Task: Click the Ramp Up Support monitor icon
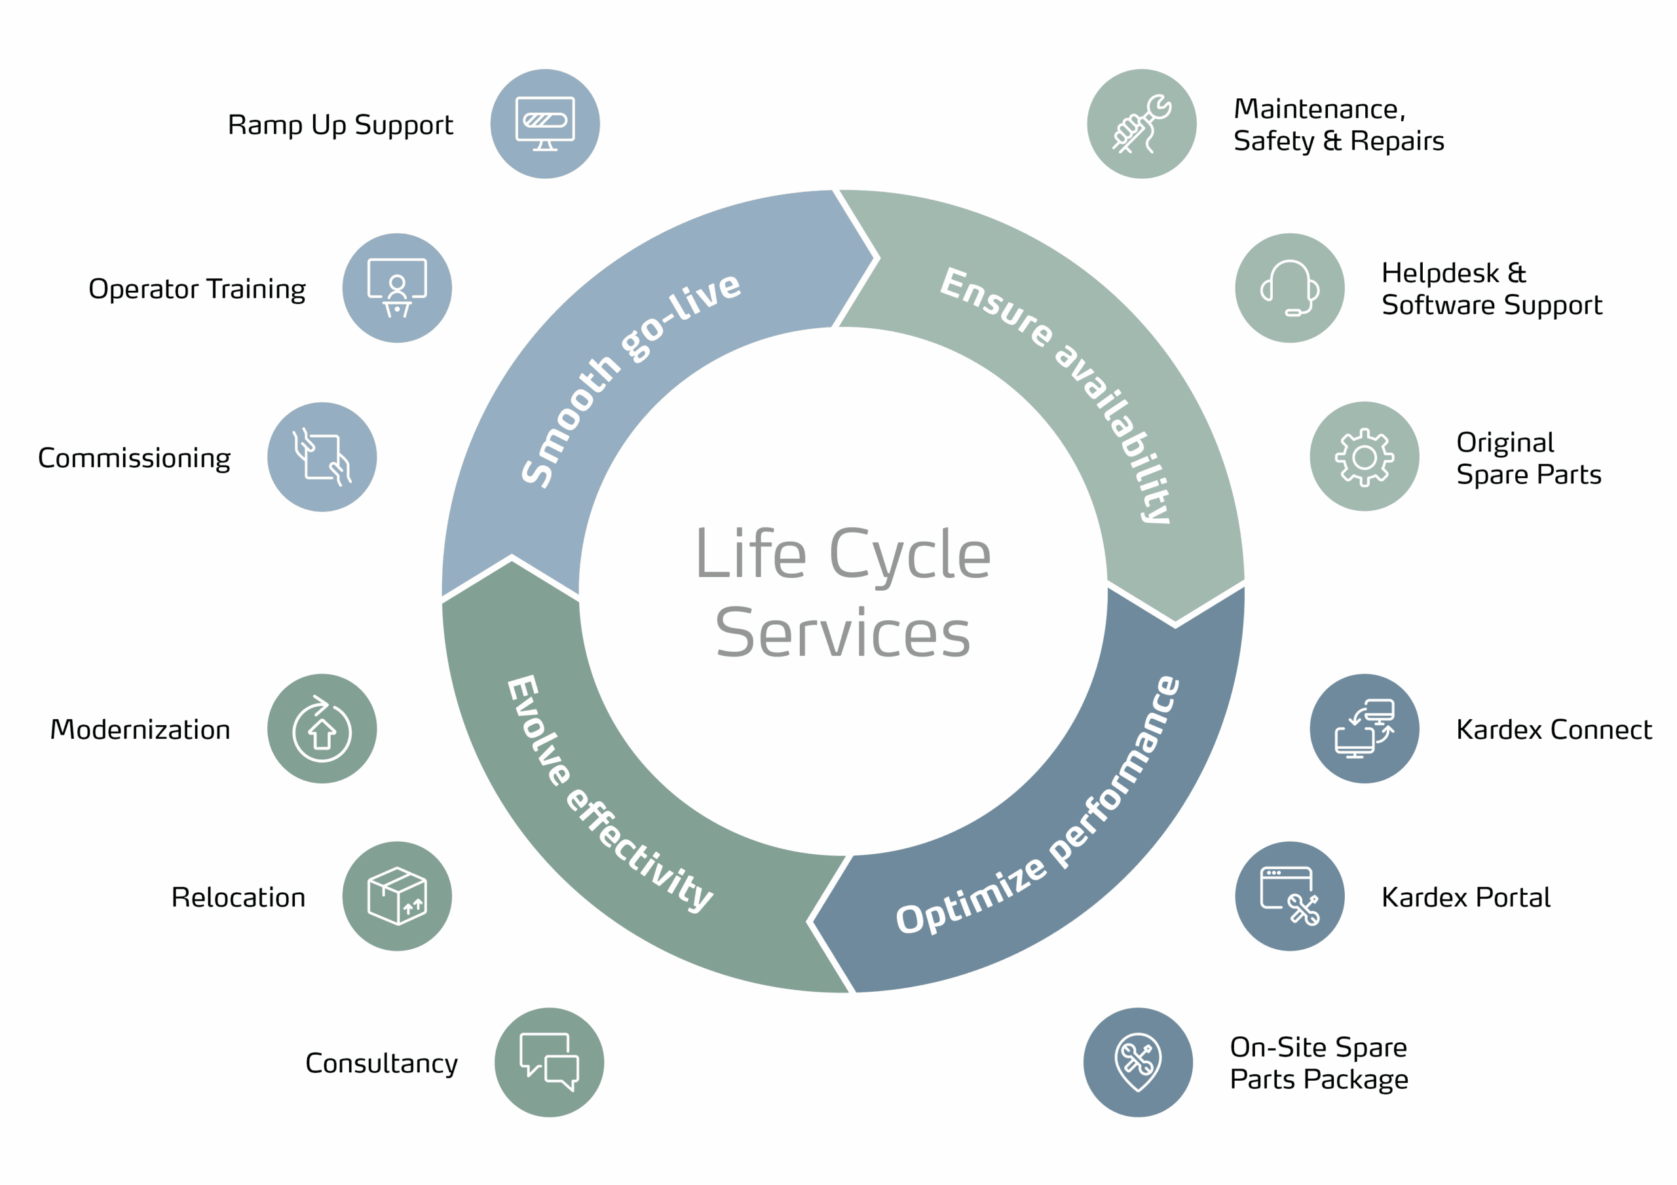coord(545,123)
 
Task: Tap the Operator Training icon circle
coord(396,288)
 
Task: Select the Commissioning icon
coord(322,457)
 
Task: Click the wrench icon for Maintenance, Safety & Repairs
coord(1142,123)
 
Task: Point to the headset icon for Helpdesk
coord(1289,288)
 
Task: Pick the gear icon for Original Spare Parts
coord(1365,457)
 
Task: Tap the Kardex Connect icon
coord(1365,728)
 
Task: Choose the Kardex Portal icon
coord(1289,895)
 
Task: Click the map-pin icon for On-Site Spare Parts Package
coord(1138,1063)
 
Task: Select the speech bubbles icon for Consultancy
coord(549,1063)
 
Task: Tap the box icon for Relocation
coord(396,895)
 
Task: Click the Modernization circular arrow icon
coord(322,728)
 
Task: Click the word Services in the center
coord(843,633)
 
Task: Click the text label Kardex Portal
coord(1465,897)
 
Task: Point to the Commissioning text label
coord(134,458)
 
